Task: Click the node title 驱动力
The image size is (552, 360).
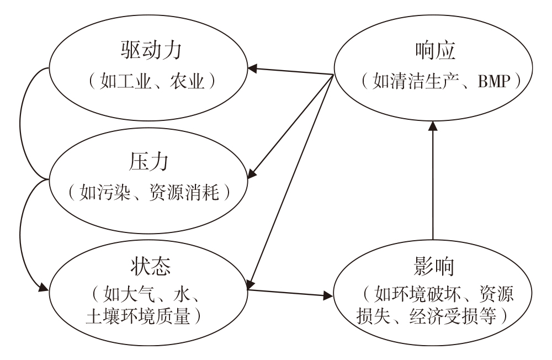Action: coord(151,50)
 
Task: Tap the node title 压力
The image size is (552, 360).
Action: coord(148,162)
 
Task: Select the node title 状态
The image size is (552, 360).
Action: coord(151,266)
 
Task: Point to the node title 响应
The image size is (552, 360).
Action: coord(435,51)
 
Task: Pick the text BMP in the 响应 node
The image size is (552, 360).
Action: coord(494,81)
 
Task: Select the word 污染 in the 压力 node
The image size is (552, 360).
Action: coord(113,193)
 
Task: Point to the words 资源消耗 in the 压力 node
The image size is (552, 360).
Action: coord(184,193)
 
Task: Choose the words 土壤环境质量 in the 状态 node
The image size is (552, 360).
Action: coord(138,316)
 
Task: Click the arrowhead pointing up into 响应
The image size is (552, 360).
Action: coord(433,126)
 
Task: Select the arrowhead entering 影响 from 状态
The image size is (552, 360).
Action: coord(328,295)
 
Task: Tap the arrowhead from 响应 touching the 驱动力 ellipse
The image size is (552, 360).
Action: coord(253,68)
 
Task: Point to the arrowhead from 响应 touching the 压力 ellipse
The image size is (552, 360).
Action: coord(252,173)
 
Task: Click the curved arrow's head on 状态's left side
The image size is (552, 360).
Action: coord(44,287)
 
